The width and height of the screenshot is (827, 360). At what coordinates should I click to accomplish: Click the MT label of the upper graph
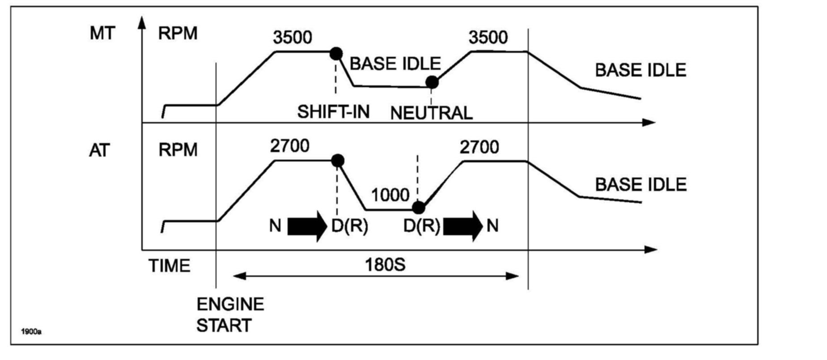(x=102, y=33)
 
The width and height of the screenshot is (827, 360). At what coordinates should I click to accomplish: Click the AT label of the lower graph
(x=99, y=150)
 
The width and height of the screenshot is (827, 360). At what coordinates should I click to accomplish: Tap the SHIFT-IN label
(x=333, y=111)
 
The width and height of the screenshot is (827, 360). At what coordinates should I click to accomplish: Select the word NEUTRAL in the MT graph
(x=431, y=113)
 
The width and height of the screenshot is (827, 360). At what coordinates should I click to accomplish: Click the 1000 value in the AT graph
(x=390, y=195)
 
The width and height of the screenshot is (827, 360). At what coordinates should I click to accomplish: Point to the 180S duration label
(x=385, y=265)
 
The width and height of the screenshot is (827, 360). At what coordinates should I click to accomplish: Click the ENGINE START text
(x=230, y=315)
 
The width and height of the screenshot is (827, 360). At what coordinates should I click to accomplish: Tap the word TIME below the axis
(x=169, y=266)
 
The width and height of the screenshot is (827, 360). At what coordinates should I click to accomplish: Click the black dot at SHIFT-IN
(x=336, y=53)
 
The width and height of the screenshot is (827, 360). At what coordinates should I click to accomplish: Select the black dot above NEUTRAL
(x=432, y=82)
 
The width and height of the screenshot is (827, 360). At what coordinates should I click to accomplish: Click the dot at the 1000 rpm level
(x=418, y=208)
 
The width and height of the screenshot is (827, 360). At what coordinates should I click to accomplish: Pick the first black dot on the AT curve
(x=338, y=160)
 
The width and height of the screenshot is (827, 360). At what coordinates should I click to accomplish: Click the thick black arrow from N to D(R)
(x=307, y=226)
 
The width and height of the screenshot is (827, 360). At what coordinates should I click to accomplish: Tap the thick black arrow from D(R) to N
(x=462, y=226)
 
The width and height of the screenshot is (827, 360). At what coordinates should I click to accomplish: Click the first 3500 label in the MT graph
(x=293, y=38)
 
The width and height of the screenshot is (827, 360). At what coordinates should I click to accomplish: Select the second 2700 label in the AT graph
(x=479, y=147)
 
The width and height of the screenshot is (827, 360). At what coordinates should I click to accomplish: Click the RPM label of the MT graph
(x=178, y=33)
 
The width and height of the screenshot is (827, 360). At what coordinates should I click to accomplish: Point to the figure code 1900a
(x=31, y=332)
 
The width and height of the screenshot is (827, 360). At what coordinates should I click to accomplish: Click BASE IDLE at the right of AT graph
(x=640, y=184)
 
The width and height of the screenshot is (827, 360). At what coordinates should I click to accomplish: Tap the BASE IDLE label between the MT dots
(x=395, y=64)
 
